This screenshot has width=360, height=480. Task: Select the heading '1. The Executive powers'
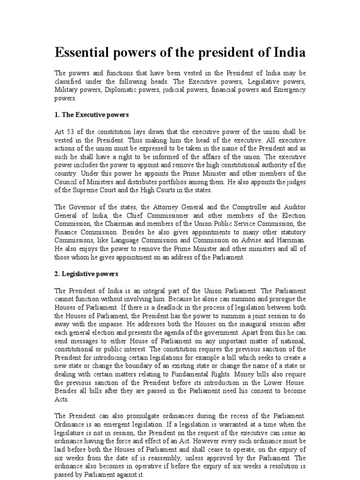pyautogui.click(x=92, y=114)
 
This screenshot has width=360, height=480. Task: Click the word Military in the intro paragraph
pyautogui.click(x=67, y=90)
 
